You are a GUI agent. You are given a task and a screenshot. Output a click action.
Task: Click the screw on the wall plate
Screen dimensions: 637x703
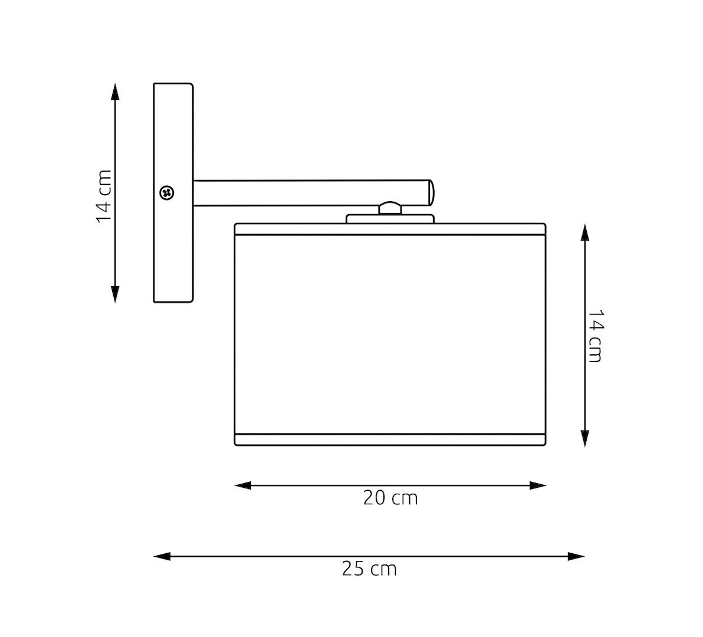(x=167, y=192)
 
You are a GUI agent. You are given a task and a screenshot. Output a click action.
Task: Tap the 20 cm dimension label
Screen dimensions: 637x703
(x=390, y=498)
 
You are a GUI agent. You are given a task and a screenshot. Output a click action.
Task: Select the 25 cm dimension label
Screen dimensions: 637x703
(x=369, y=569)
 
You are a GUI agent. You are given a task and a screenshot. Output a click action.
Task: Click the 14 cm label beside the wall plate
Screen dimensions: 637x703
(x=104, y=196)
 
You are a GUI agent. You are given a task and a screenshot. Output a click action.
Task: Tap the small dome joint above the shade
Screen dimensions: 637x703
(x=389, y=208)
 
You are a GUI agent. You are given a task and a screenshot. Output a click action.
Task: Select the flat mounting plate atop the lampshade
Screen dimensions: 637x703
(x=390, y=219)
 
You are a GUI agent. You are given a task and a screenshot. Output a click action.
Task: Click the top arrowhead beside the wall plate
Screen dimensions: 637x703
(x=115, y=91)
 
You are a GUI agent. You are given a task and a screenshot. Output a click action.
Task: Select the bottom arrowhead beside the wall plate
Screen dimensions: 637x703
(x=115, y=294)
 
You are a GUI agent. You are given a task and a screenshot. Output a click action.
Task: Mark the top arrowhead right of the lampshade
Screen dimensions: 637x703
(x=584, y=232)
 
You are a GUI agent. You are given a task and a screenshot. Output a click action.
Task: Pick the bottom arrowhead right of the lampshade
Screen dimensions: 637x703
(x=584, y=438)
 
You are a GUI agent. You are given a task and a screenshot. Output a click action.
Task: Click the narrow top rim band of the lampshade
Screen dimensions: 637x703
(x=390, y=229)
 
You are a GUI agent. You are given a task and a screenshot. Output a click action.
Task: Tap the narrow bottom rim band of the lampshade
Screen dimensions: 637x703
(x=390, y=439)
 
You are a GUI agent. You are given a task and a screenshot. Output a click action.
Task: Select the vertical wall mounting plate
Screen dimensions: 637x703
(x=173, y=248)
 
